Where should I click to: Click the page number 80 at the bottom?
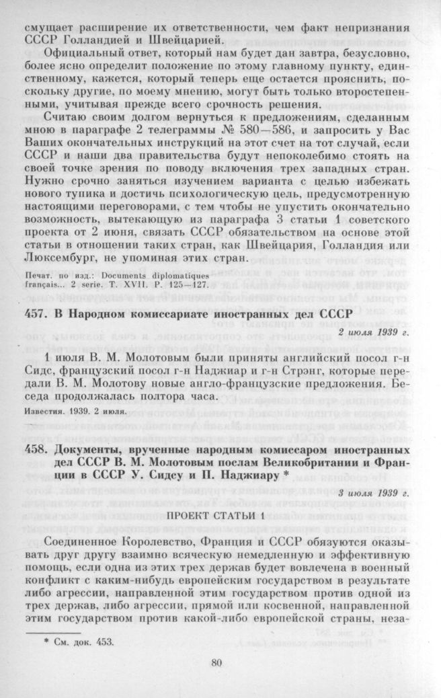tap(216, 662)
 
